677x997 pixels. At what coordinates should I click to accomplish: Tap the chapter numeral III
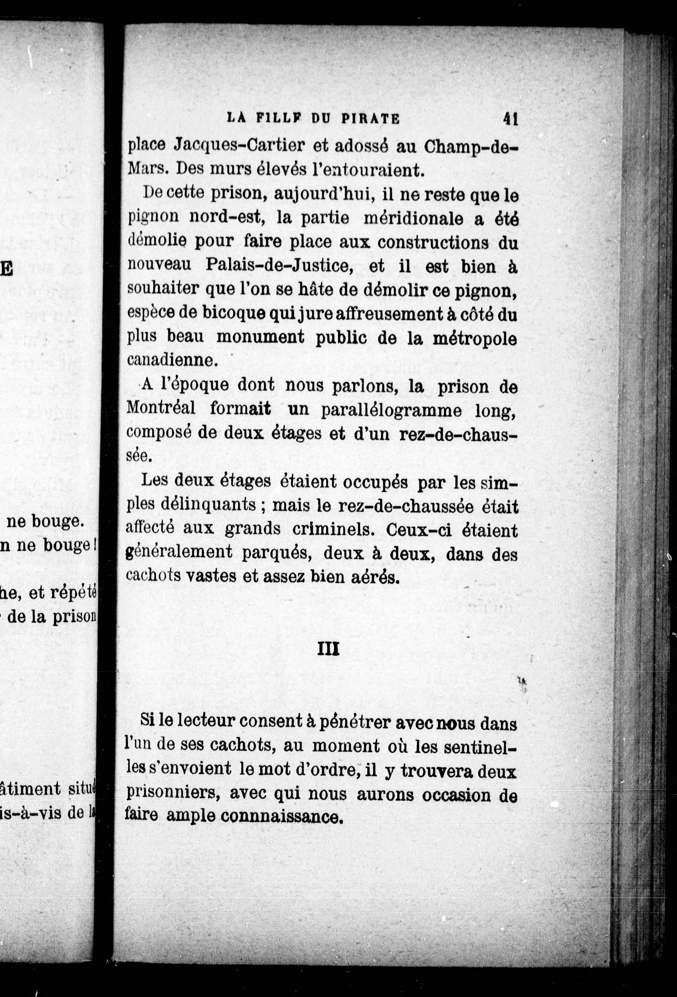tap(328, 649)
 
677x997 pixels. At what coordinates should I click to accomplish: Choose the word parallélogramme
tap(391, 411)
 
